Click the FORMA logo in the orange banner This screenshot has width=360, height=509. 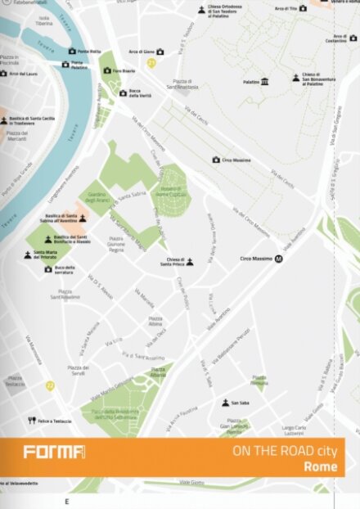pyautogui.click(x=53, y=452)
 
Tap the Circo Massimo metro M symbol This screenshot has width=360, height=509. pyautogui.click(x=279, y=259)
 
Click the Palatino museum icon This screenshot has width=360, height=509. pyautogui.click(x=265, y=82)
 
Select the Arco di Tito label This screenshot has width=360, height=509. pyautogui.click(x=284, y=8)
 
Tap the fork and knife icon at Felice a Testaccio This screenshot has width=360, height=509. pyautogui.click(x=31, y=421)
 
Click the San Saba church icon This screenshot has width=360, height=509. pyautogui.click(x=225, y=403)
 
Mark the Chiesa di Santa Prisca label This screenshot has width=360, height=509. pyautogui.click(x=171, y=263)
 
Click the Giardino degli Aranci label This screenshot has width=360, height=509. pyautogui.click(x=97, y=198)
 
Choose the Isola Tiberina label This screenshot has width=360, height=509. pyautogui.click(x=43, y=20)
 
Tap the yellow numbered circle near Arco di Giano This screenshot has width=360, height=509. pyautogui.click(x=151, y=63)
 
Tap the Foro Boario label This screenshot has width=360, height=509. pyautogui.click(x=124, y=70)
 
